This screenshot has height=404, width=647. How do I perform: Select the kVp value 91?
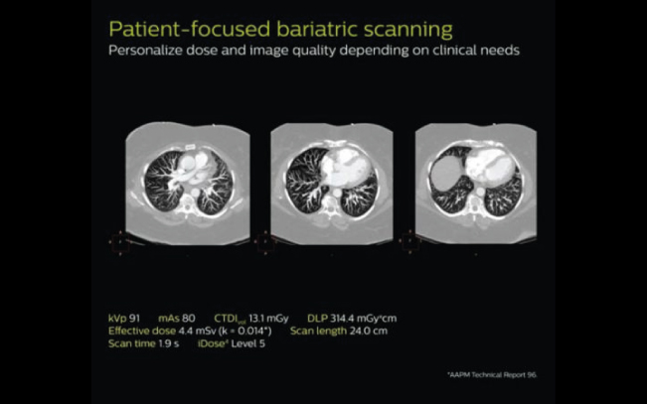pos(134,319)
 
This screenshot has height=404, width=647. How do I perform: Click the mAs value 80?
pos(188,319)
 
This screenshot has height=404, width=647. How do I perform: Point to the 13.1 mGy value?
pos(268,319)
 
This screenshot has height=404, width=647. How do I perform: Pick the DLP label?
pos(317,319)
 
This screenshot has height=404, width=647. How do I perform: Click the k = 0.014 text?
pos(243,331)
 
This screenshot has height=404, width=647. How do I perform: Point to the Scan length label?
pos(319,331)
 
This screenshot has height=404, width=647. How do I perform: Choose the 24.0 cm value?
pos(369,331)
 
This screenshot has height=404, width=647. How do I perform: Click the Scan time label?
pos(132,343)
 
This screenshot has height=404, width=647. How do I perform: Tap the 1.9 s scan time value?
pos(169,343)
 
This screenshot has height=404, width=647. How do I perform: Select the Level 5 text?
pos(248,343)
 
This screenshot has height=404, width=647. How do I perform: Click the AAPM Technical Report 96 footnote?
pos(492,375)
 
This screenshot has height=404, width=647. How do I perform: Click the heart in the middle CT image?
pos(345,167)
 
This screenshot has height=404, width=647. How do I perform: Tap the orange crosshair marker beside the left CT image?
pos(120,242)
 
